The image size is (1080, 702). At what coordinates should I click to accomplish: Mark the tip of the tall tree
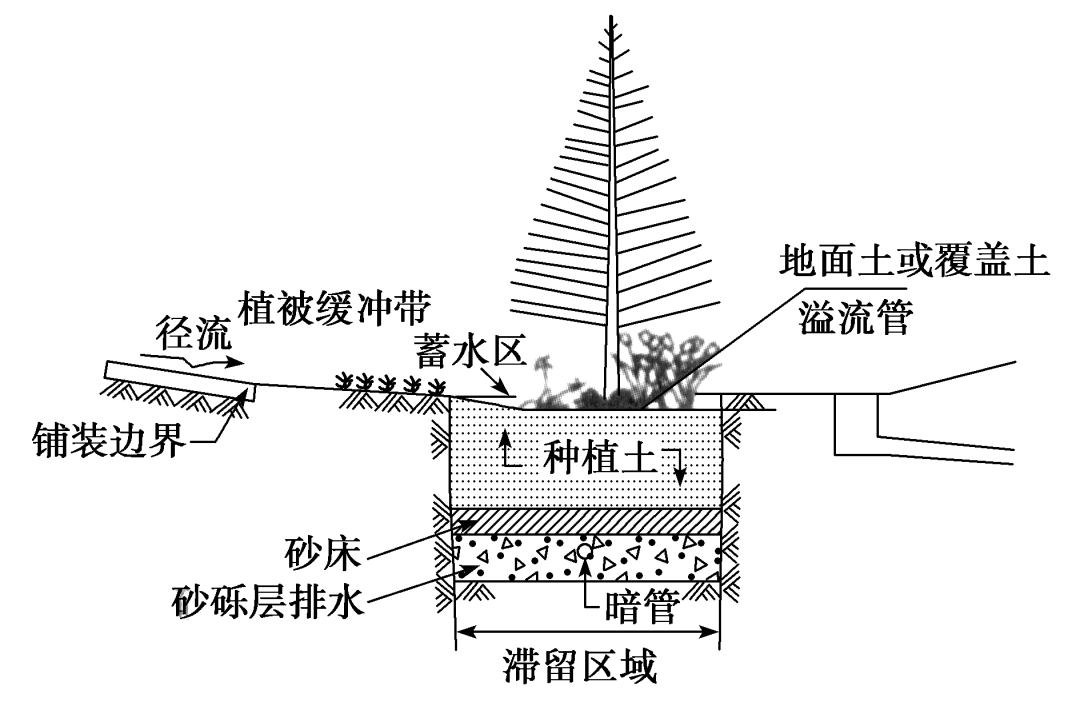coord(607,18)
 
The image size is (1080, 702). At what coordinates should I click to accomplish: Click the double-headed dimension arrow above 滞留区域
coord(587,631)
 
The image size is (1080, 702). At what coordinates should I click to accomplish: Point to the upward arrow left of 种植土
coord(507,450)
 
